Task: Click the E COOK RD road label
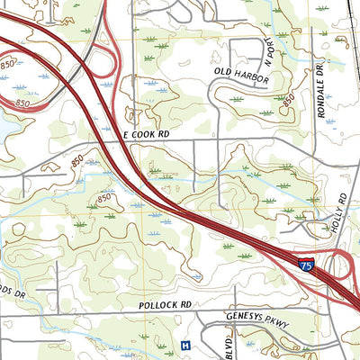tap(146, 133)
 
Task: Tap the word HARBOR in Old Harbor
tap(251, 80)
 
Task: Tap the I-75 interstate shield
tap(306, 265)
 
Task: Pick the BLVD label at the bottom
tap(229, 346)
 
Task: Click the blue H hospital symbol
tap(185, 345)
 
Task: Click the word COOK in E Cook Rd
tap(146, 133)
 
